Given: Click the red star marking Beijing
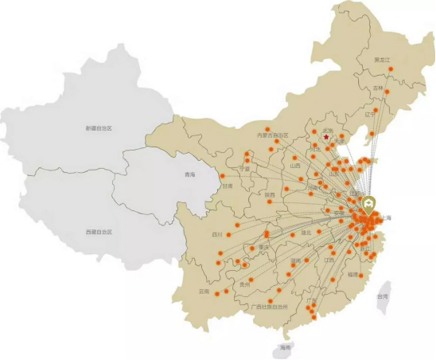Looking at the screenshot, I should pyautogui.click(x=325, y=137).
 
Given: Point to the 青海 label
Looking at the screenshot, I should pyautogui.click(x=189, y=174).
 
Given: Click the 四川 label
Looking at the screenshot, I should pyautogui.click(x=217, y=235).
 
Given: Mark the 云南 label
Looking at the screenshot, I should pyautogui.click(x=204, y=292).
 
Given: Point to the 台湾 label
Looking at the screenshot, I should pyautogui.click(x=383, y=296).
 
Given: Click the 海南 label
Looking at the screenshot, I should pyautogui.click(x=286, y=347).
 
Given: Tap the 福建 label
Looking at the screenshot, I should pyautogui.click(x=352, y=274).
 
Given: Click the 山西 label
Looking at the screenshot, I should pyautogui.click(x=296, y=166).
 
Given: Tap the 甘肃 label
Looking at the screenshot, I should pyautogui.click(x=228, y=186).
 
